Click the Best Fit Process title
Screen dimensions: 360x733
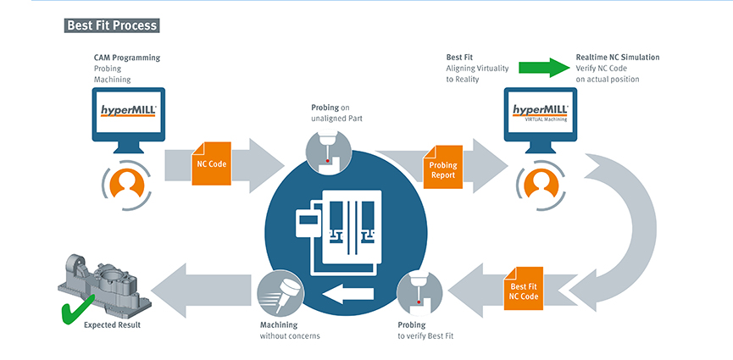pyautogui.click(x=112, y=25)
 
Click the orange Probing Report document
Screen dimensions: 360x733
pyautogui.click(x=443, y=169)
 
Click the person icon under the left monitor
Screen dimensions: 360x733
pyautogui.click(x=129, y=181)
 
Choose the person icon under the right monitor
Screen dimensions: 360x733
pyautogui.click(x=540, y=181)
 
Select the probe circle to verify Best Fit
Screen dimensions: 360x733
pyautogui.click(x=419, y=292)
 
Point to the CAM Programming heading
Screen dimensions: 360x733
pyautogui.click(x=127, y=58)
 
